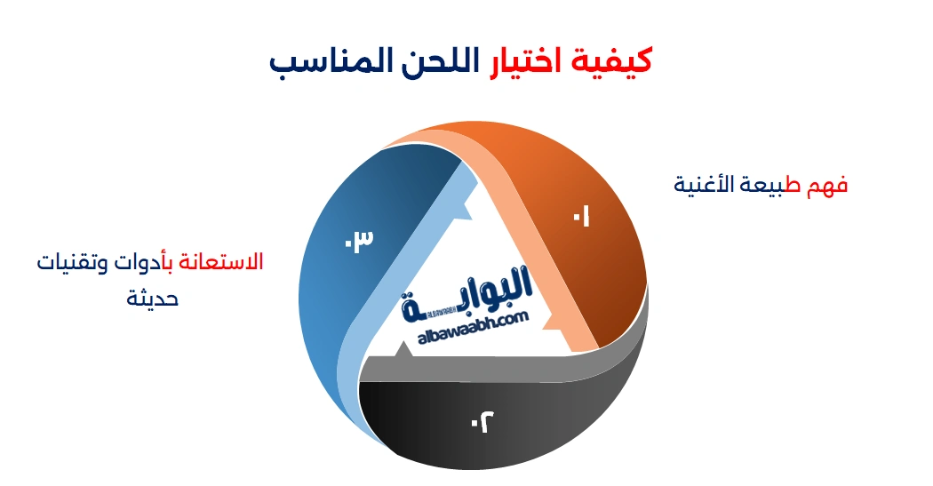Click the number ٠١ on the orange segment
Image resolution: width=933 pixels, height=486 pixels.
tap(581, 216)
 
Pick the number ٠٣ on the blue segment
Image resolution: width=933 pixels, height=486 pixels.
tap(359, 240)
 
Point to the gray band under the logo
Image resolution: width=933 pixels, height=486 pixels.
tap(498, 366)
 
